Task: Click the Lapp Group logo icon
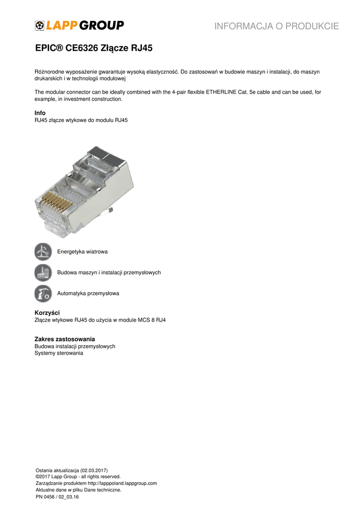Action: tap(40, 26)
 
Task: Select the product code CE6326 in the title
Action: tap(83, 49)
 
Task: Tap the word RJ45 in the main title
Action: tap(142, 49)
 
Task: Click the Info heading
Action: tap(40, 113)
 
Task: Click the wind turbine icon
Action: tap(43, 252)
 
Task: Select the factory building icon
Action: tap(43, 272)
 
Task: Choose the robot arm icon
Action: tap(43, 293)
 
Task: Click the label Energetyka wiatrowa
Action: tap(82, 252)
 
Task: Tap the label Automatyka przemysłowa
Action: tap(88, 293)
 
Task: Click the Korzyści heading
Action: tap(47, 313)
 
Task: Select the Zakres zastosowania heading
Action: tap(65, 339)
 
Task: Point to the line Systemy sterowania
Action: tap(59, 353)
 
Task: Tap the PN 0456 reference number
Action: tap(47, 497)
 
